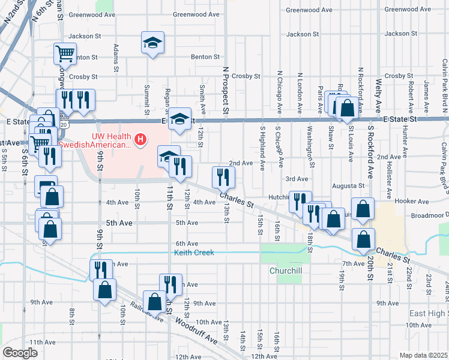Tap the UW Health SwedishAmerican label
111,140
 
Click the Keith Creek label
194,253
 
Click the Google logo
20,353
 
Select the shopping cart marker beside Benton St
64,53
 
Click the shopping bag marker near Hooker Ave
363,209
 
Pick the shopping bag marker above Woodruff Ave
155,301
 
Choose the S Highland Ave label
262,148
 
